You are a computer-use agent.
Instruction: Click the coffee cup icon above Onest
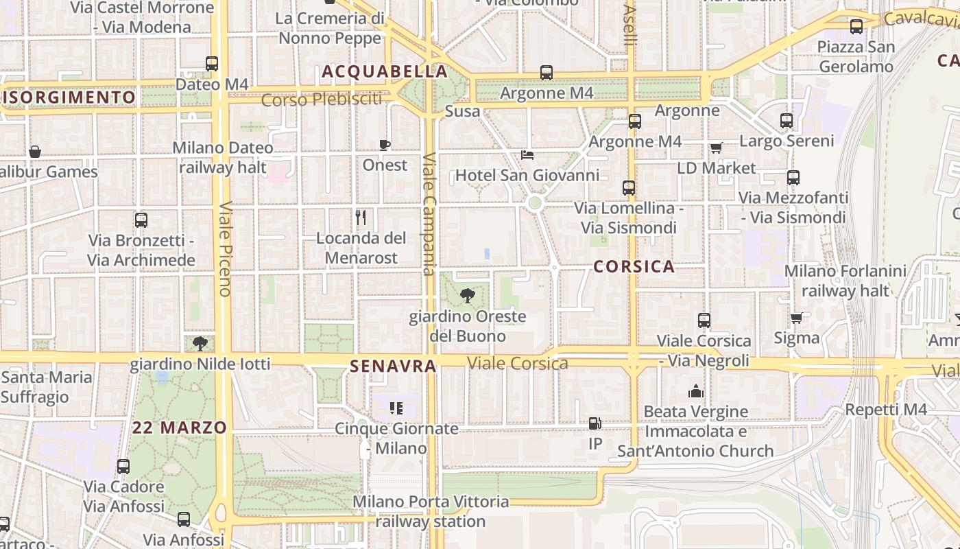point(385,145)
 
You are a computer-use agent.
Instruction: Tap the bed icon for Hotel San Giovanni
point(527,154)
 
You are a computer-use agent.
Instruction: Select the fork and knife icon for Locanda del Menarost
point(361,218)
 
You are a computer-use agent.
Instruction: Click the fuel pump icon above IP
point(595,423)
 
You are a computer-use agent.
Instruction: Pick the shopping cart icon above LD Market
point(717,148)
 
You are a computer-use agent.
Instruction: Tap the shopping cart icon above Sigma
point(796,318)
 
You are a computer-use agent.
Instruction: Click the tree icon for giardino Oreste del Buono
point(468,296)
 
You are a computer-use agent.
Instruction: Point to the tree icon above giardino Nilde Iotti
point(200,343)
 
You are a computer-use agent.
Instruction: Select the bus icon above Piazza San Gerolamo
point(856,27)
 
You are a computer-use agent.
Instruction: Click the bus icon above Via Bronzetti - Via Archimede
point(141,220)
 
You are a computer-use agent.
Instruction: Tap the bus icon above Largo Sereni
point(787,121)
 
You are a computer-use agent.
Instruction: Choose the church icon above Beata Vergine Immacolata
point(696,391)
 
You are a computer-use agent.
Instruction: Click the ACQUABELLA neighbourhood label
point(385,71)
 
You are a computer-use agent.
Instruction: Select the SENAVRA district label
point(393,366)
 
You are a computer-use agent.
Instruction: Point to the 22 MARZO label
point(180,428)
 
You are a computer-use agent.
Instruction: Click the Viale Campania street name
point(429,213)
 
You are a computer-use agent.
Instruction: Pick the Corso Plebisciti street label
point(322,100)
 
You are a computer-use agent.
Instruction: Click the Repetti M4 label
point(886,410)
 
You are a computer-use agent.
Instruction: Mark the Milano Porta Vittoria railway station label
point(431,511)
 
